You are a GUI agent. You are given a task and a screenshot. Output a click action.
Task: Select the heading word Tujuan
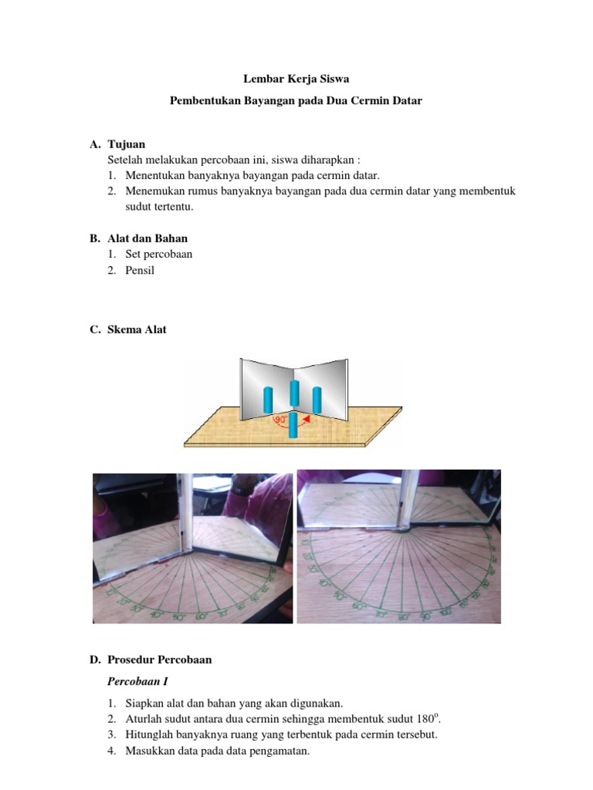click(x=127, y=144)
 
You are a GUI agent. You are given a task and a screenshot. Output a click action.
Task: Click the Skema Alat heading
click(x=137, y=329)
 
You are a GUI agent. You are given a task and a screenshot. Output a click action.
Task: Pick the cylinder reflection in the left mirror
click(x=267, y=399)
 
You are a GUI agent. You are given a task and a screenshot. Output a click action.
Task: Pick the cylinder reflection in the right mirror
click(x=317, y=398)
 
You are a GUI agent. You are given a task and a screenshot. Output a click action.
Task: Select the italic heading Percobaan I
click(x=137, y=682)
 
